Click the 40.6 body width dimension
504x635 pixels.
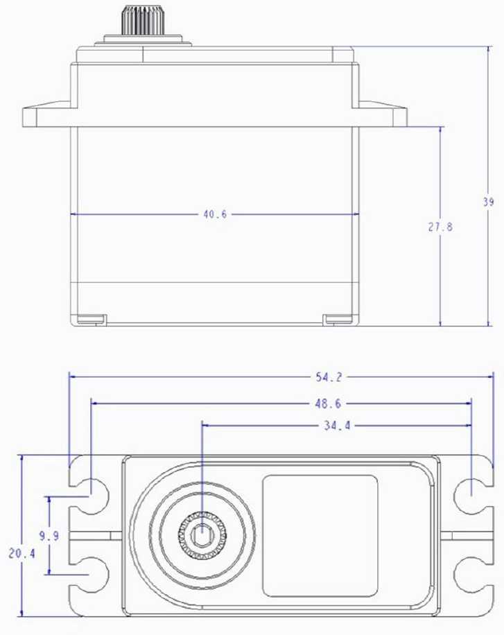click(x=215, y=214)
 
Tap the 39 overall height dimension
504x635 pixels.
click(x=489, y=202)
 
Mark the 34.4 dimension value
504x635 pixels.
click(x=336, y=426)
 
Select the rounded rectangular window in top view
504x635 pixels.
click(x=320, y=536)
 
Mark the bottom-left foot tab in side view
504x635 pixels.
click(x=90, y=320)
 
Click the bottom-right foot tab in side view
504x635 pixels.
click(x=338, y=320)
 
